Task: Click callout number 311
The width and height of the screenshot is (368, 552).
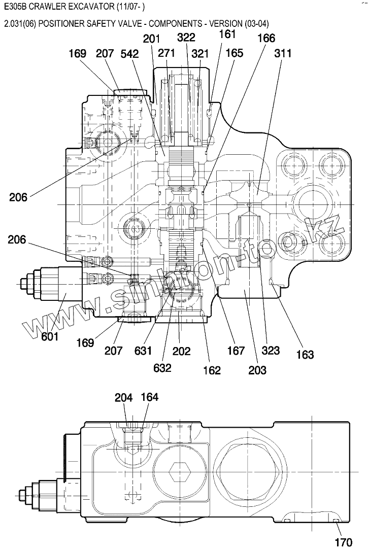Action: (283, 53)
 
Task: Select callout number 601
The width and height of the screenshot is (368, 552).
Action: (50, 336)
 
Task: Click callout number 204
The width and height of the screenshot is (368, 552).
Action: (124, 397)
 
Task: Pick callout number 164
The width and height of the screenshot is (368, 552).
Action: (150, 397)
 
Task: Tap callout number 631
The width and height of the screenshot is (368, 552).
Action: (143, 351)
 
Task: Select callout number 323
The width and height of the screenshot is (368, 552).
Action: (271, 350)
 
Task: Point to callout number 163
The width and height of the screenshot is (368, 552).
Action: (305, 354)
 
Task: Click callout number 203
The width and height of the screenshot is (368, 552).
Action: (257, 370)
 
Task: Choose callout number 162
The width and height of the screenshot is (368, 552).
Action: (212, 370)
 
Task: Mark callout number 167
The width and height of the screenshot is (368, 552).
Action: (236, 350)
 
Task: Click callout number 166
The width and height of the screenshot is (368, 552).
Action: (266, 38)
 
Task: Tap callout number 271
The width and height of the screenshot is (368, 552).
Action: (166, 53)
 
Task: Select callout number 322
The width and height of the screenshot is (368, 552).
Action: (186, 38)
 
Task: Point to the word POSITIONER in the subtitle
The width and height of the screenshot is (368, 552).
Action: (59, 23)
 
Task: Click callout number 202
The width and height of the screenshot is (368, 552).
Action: (182, 351)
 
